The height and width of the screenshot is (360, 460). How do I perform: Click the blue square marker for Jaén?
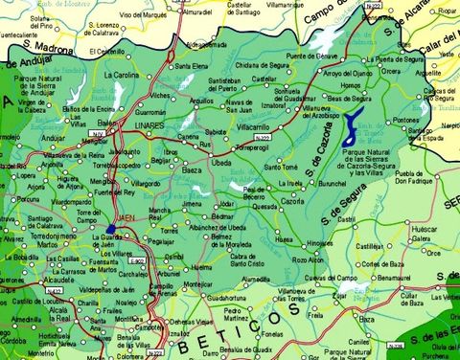pos(113,229)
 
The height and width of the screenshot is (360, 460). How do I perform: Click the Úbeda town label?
pos(220,163)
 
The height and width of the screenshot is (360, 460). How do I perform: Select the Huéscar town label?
pos(424,230)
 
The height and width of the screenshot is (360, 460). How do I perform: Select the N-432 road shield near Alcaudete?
pos(56,290)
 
